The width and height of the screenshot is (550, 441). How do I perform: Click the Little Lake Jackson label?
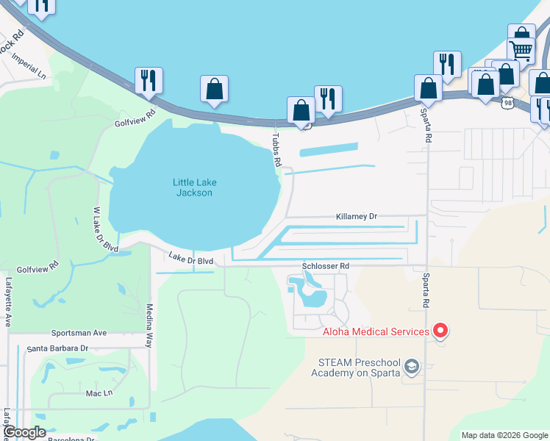[193, 187]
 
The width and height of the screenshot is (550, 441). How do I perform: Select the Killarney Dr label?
[356, 217]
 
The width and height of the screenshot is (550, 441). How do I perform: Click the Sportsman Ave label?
[79, 333]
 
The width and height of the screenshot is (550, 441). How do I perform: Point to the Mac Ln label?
[99, 393]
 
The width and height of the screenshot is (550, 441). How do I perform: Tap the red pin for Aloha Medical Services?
[440, 331]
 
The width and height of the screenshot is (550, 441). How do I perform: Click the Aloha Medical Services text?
[376, 331]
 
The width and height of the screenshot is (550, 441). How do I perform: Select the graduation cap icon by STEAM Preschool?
[413, 366]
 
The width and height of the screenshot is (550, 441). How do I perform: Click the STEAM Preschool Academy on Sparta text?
[359, 367]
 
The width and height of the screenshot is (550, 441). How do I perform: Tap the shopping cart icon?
[521, 50]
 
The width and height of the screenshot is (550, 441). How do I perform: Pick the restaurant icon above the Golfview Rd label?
[149, 80]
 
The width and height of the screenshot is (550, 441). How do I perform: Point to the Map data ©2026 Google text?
[504, 435]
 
